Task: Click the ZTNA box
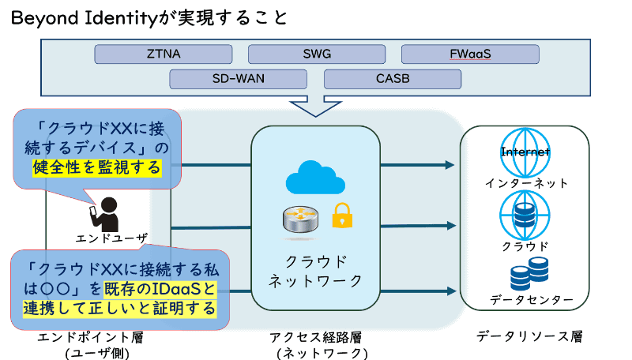(x=163, y=54)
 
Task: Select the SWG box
(x=317, y=54)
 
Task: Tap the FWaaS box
(x=470, y=54)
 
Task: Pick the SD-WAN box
(x=239, y=79)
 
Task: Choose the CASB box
(x=393, y=79)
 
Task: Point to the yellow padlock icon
(x=342, y=215)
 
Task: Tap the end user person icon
(x=111, y=211)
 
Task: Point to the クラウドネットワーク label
(x=316, y=271)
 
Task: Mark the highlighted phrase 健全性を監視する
(x=96, y=167)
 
